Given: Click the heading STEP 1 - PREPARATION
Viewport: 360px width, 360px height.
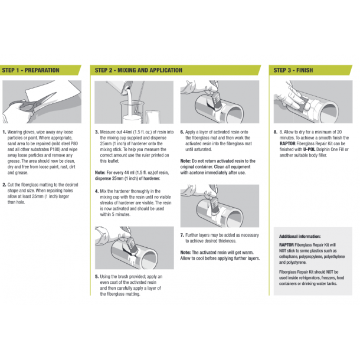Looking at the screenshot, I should tap(31, 70).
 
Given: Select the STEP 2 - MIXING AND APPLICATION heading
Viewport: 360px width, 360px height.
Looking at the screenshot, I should tap(138, 70).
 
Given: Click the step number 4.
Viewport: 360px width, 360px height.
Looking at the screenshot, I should tap(97, 192).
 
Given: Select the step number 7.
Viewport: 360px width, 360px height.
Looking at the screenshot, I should tap(182, 235).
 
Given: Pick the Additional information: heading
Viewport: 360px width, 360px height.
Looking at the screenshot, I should tap(299, 235).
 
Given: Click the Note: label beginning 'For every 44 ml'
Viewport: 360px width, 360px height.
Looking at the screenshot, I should tap(100, 172).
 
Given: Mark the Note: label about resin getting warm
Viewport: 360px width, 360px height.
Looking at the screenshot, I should tap(186, 252).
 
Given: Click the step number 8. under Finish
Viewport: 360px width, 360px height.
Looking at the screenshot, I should tap(276, 132).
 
